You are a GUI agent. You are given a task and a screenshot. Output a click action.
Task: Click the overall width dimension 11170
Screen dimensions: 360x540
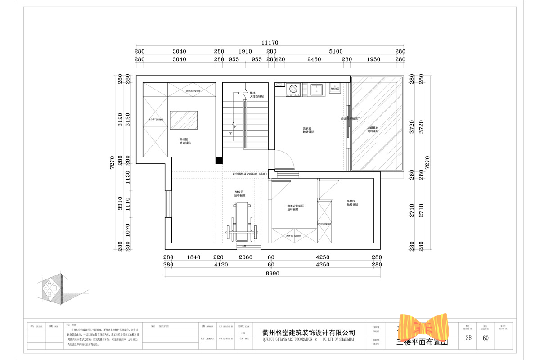(x=270, y=42)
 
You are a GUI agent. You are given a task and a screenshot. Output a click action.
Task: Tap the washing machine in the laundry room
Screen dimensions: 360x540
(x=293, y=90)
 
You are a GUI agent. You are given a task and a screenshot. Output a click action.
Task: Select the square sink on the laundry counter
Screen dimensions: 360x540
(x=317, y=90)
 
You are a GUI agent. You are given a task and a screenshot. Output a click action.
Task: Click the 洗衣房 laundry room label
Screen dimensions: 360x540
(x=308, y=130)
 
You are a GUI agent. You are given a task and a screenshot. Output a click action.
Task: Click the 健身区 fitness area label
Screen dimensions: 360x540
(x=239, y=194)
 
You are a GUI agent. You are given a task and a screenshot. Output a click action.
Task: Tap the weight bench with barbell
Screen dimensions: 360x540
(x=243, y=223)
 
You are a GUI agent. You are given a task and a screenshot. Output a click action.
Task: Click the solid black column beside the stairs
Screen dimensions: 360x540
(x=219, y=160)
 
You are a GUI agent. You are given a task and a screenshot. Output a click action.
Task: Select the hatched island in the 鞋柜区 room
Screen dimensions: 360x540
(x=184, y=120)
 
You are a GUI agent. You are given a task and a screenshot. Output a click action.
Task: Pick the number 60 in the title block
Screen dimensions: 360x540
(x=486, y=338)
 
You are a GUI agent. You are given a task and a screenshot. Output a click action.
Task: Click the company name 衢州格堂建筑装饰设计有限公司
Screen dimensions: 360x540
(x=308, y=333)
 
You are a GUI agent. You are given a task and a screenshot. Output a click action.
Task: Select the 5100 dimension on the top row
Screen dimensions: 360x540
(x=336, y=52)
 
